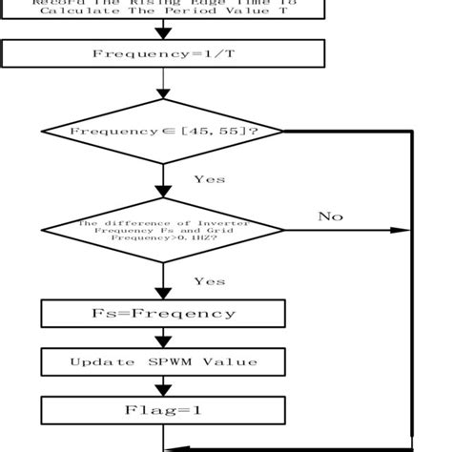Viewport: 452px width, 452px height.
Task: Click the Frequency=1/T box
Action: click(163, 53)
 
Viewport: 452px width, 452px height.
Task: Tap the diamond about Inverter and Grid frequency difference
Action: click(163, 230)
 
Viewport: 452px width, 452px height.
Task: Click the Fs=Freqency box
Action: click(163, 313)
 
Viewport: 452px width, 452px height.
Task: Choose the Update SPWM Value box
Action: click(163, 361)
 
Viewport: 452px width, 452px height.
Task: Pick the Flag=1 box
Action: click(163, 411)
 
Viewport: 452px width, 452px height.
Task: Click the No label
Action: click(330, 216)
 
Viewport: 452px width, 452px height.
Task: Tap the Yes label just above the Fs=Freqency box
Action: click(209, 281)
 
